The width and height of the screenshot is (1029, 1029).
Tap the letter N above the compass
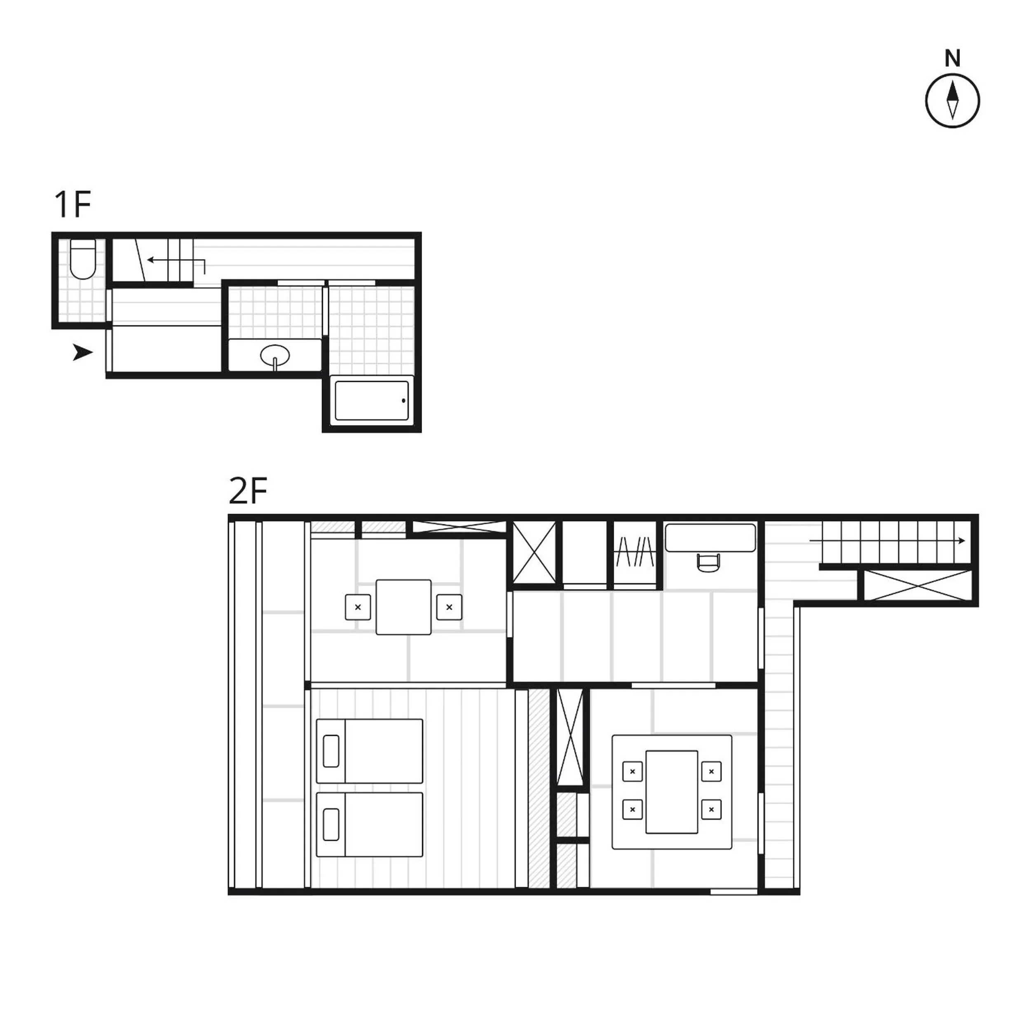pos(952,59)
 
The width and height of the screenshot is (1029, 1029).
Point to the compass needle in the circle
pos(952,101)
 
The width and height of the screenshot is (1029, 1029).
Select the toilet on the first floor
pos(82,259)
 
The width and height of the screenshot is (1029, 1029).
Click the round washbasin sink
pos(275,355)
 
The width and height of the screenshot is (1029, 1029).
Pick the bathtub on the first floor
pos(372,401)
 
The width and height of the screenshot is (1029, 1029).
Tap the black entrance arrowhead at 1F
pos(82,352)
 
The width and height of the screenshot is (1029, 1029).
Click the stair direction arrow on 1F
pos(176,261)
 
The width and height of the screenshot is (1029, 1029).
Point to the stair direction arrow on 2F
pos(887,541)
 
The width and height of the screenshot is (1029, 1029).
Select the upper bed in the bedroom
pos(370,751)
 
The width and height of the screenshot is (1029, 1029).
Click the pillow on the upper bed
pos(331,751)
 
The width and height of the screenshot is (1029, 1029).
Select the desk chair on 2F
pos(708,563)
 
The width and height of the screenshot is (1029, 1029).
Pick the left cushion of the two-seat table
pos(358,607)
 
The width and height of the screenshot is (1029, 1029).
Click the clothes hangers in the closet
pos(635,552)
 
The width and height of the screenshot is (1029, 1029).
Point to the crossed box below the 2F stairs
pos(918,585)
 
